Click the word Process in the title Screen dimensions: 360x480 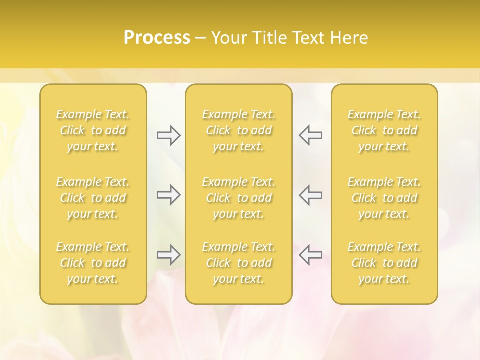point(157,38)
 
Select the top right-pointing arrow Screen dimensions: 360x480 point(168,135)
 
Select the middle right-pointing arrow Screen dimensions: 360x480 point(168,195)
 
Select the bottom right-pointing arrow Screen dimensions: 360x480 point(168,255)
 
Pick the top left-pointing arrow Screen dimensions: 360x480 point(310,135)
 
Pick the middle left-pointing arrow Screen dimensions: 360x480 point(310,195)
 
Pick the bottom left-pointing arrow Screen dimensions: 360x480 point(310,255)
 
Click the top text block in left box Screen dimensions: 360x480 point(93,130)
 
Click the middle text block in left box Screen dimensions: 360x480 point(93,198)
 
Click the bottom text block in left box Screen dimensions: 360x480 point(93,263)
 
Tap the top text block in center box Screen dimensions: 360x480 point(238,130)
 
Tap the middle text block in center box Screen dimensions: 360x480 point(238,198)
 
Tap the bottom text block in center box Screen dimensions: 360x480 point(238,263)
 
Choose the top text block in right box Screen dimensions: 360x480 point(384,130)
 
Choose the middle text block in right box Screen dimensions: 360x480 point(384,198)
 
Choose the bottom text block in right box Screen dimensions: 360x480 point(384,263)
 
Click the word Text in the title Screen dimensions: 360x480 point(308,38)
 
